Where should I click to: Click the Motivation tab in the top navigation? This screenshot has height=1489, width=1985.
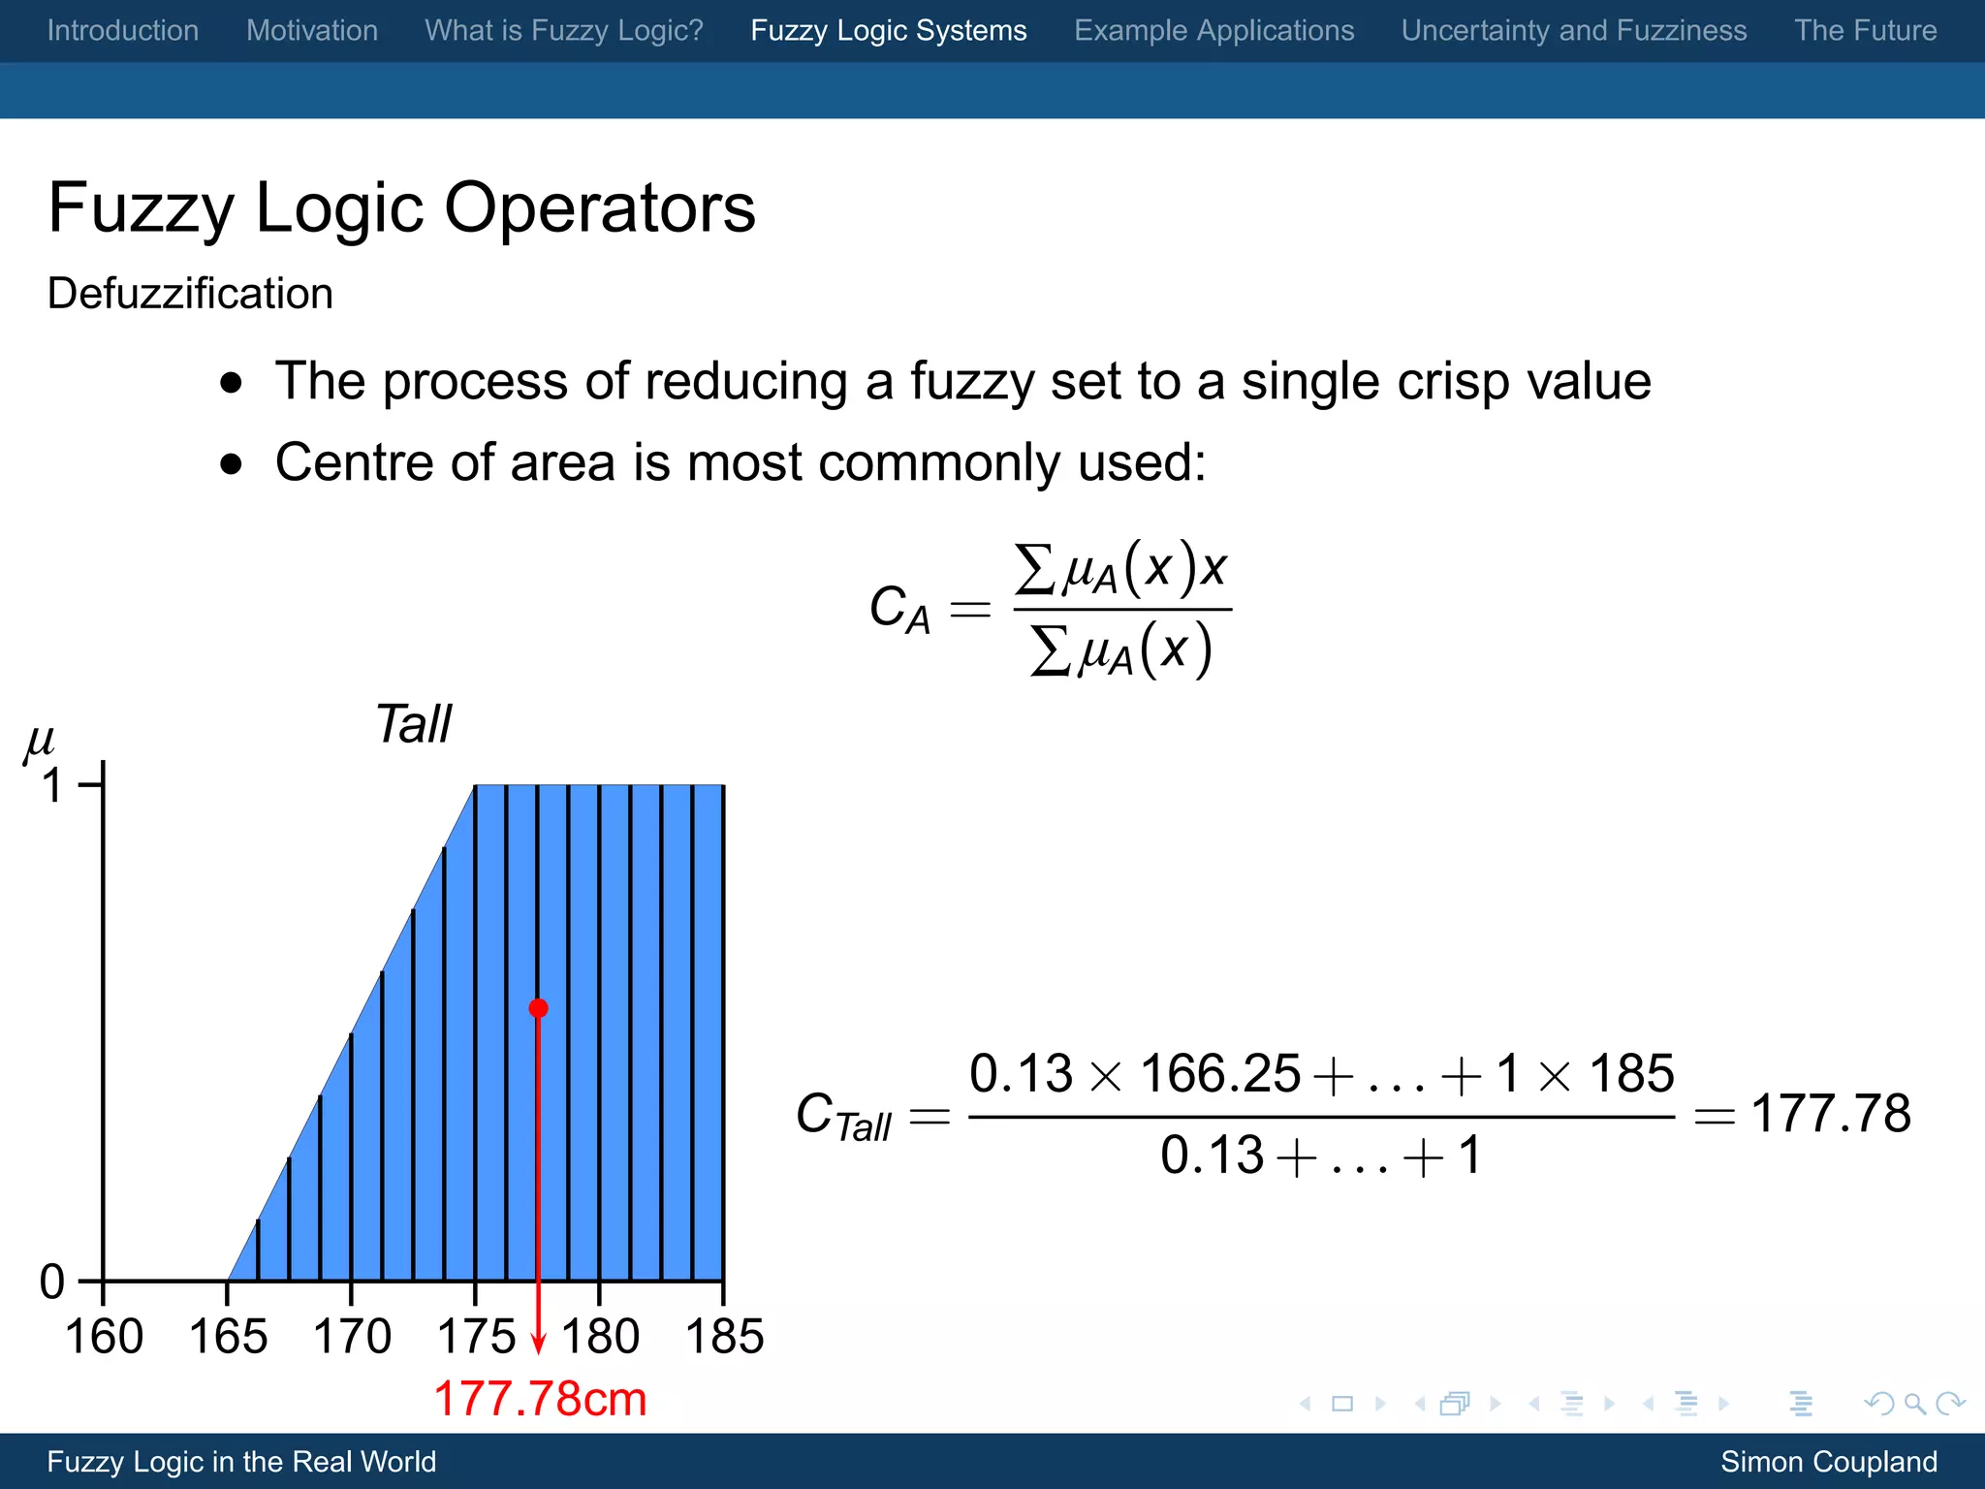(312, 31)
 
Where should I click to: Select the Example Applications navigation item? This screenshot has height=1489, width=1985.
(1213, 31)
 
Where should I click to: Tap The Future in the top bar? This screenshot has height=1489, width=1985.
(1865, 31)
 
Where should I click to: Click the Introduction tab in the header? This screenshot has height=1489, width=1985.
(123, 31)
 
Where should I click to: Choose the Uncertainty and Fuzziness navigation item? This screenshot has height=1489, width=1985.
(1574, 31)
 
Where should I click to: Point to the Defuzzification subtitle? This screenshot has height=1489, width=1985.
(190, 294)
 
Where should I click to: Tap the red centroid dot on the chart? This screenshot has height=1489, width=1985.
(539, 1008)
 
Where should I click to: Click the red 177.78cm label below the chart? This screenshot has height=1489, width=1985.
(540, 1399)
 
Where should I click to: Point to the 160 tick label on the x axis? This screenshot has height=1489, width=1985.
(104, 1337)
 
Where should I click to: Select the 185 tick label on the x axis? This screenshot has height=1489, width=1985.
(724, 1337)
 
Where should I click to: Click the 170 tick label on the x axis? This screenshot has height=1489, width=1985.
(352, 1337)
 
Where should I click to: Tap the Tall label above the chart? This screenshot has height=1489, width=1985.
(413, 724)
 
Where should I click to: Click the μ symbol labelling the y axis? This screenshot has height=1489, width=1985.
(39, 743)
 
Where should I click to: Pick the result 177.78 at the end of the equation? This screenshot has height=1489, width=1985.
(1831, 1114)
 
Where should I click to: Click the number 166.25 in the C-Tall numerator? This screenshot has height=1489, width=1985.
(1219, 1074)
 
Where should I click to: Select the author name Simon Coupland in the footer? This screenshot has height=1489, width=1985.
(1828, 1462)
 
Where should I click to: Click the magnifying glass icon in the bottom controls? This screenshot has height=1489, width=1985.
(1914, 1404)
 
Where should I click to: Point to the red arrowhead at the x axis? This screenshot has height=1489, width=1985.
(539, 1345)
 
